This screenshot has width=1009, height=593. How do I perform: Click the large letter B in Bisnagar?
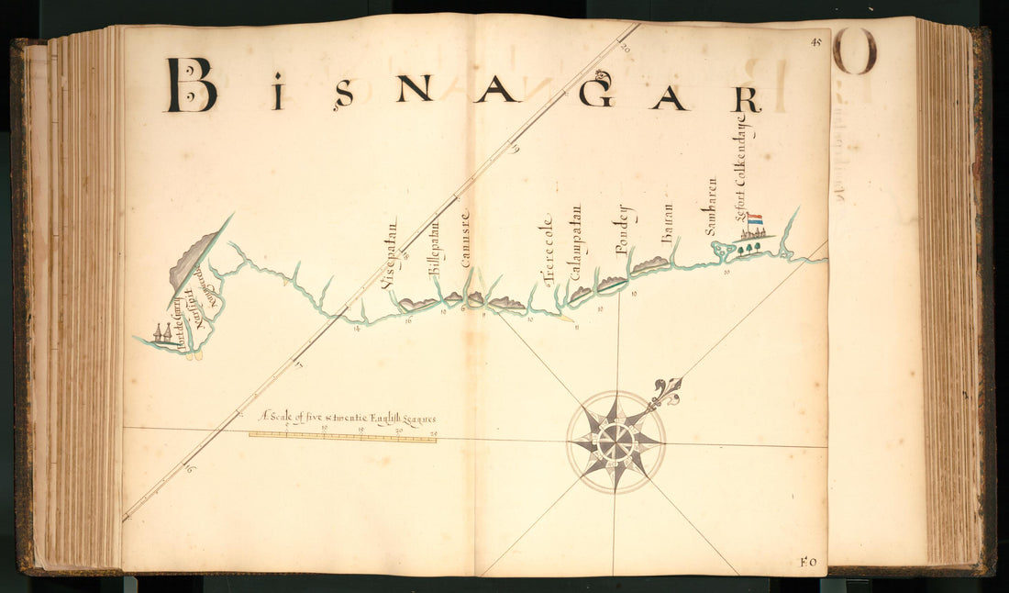(191, 85)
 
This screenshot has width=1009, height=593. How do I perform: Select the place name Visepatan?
(390, 254)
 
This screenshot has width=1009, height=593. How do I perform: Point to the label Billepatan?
(435, 249)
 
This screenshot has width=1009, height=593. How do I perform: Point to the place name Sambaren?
(711, 207)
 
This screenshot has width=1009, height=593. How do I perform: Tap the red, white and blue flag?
(755, 220)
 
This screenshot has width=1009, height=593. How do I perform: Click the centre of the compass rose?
(615, 442)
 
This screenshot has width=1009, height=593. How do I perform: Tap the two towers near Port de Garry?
(161, 333)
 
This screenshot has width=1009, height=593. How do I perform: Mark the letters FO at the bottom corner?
(808, 562)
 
